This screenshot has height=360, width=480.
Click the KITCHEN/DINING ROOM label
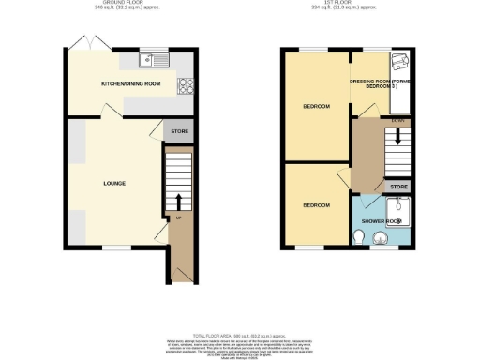pyautogui.click(x=131, y=84)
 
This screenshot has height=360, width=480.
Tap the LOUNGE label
pyautogui.click(x=114, y=183)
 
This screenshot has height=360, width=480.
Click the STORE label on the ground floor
pyautogui.click(x=179, y=131)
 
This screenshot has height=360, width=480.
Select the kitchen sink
pyautogui.click(x=153, y=62)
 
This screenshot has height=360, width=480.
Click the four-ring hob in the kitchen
pyautogui.click(x=186, y=90)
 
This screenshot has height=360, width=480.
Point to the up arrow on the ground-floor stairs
pyautogui.click(x=177, y=202)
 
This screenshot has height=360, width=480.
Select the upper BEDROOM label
pyautogui.click(x=316, y=106)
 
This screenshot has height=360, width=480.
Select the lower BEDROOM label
pyautogui.click(x=316, y=203)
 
